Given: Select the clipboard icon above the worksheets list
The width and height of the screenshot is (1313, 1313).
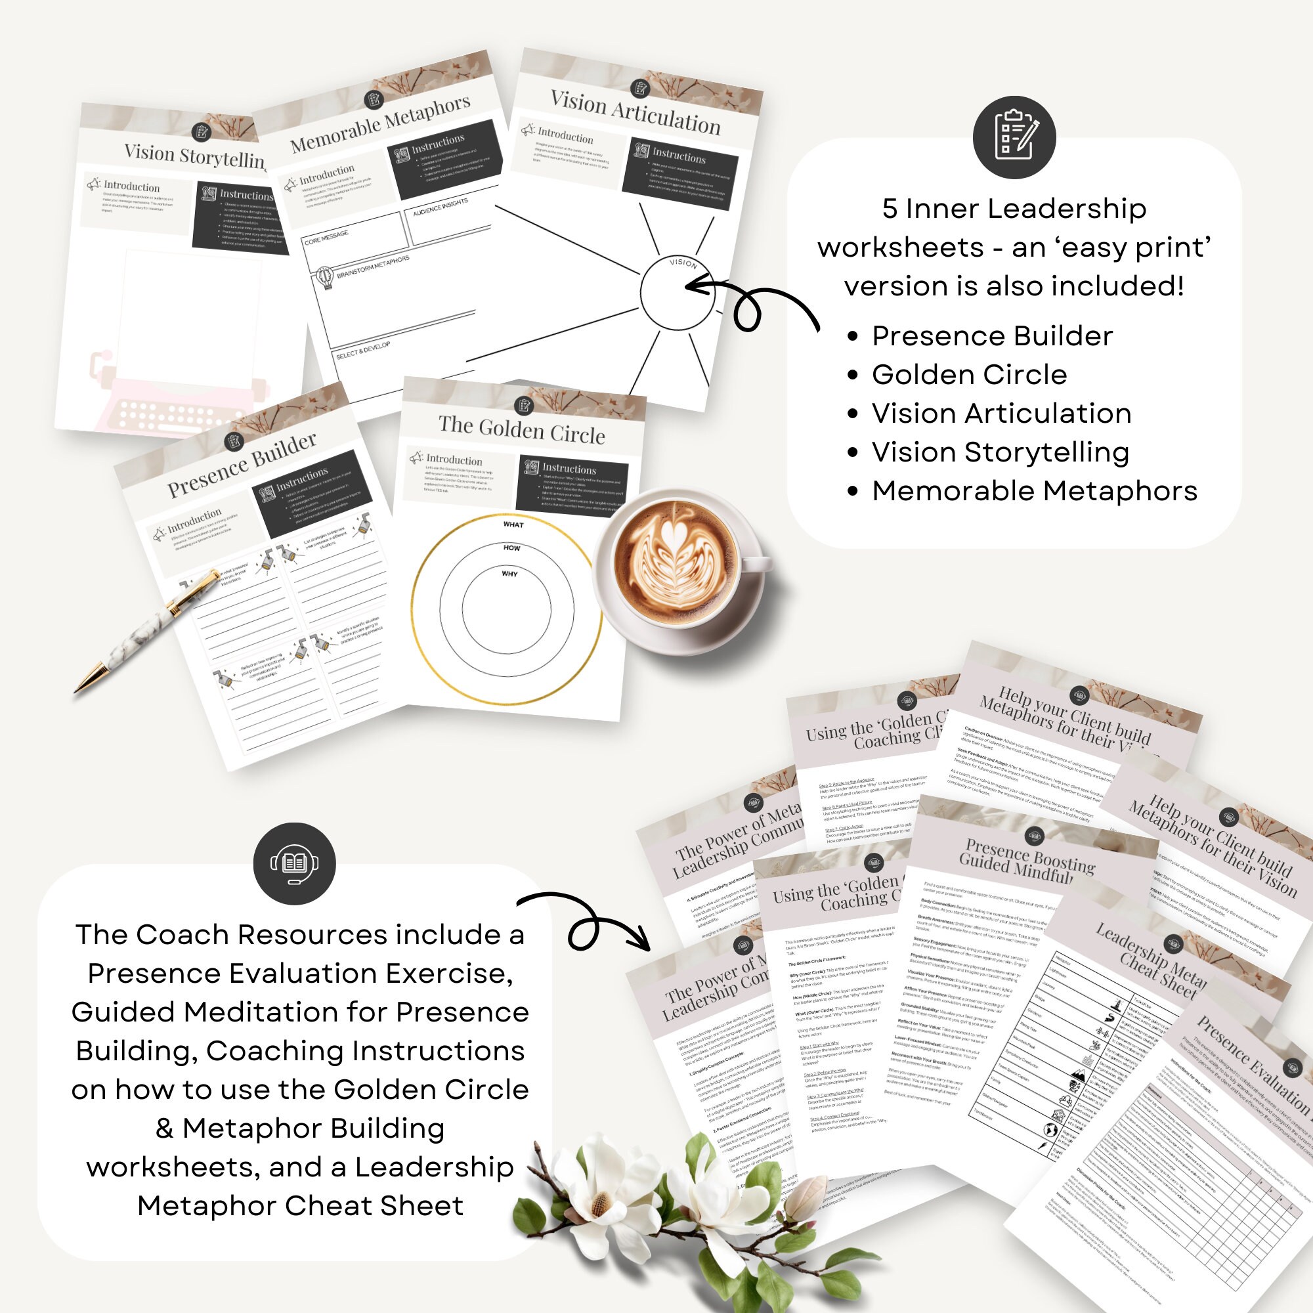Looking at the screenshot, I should click(x=1014, y=137).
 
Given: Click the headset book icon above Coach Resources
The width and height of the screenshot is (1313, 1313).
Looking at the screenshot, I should click(x=294, y=864).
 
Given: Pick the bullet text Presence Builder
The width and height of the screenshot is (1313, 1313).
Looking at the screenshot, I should click(x=991, y=335).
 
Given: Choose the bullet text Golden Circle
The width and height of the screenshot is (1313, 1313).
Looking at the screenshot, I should click(x=969, y=374).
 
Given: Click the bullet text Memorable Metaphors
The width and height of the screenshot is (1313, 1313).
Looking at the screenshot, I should click(x=1035, y=490).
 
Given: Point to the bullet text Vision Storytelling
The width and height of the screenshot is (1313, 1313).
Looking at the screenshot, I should click(x=1001, y=452).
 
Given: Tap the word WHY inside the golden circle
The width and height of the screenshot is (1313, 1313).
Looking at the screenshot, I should click(x=509, y=574).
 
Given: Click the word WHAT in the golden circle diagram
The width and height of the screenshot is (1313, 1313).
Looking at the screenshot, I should click(x=513, y=525).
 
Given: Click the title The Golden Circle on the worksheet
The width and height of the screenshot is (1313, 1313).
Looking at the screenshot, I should click(x=521, y=429).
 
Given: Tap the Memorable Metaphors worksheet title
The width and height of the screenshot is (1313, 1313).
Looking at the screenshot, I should click(x=380, y=123).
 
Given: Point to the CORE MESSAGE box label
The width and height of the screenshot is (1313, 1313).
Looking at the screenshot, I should click(x=326, y=237).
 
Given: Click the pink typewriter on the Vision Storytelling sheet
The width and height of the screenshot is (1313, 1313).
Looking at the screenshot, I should click(x=177, y=401).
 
